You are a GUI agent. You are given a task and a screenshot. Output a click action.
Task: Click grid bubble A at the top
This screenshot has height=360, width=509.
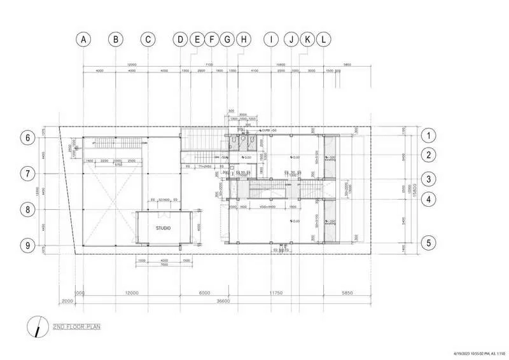[83, 39]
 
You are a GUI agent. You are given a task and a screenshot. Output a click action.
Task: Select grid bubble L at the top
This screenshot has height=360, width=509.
[324, 39]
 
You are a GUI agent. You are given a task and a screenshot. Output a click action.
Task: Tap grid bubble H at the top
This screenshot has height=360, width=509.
[243, 39]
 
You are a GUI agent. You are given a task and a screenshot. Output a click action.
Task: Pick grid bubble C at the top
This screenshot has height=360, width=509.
[148, 39]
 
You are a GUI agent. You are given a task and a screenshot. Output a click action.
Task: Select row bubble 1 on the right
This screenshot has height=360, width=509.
[429, 135]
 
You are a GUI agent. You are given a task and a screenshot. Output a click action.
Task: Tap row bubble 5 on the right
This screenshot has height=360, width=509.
[429, 242]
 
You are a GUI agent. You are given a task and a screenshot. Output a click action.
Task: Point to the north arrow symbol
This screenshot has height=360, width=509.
[39, 326]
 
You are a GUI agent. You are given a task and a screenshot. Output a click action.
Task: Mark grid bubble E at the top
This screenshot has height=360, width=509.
[197, 39]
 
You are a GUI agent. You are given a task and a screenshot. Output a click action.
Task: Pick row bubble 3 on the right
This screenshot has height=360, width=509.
[429, 179]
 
